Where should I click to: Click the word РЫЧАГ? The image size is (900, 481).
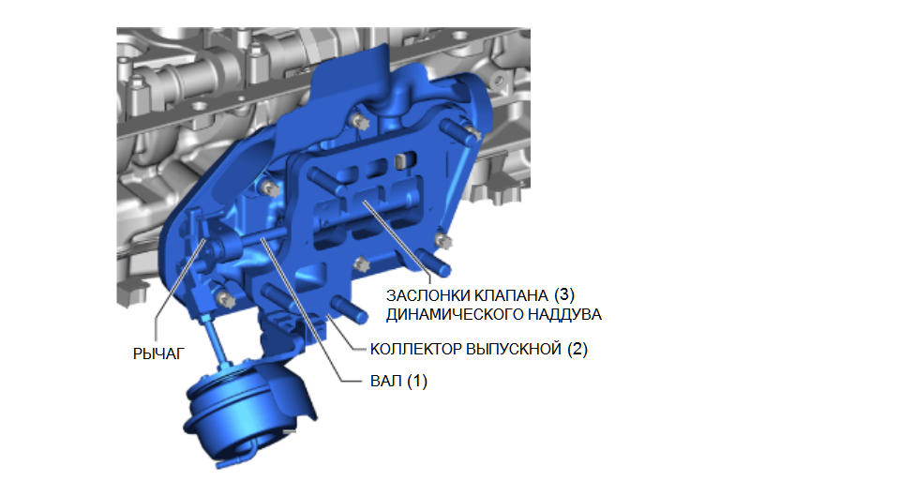coord(159,354)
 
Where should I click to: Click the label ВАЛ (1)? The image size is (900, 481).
coord(399,381)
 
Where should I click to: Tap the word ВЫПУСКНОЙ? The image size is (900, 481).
coord(513,349)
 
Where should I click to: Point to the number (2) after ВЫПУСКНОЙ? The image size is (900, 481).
coord(577,349)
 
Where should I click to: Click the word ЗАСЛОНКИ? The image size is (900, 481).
coord(428,295)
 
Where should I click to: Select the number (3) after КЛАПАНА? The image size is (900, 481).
coord(564,295)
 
